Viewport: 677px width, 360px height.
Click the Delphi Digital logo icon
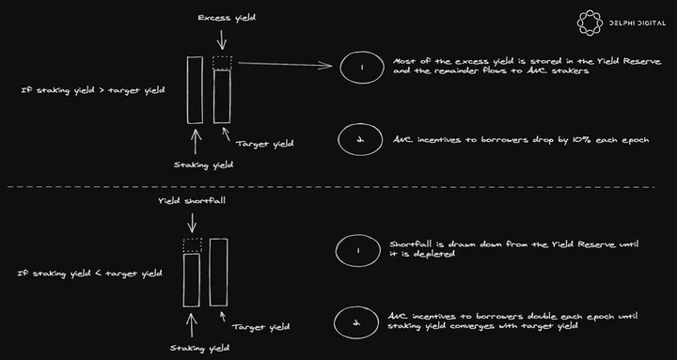point(590,23)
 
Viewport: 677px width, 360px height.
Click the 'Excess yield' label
point(227,18)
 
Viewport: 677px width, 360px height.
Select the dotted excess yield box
point(222,63)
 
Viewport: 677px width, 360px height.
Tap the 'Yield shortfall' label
point(192,201)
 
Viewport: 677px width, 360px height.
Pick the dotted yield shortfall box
point(192,245)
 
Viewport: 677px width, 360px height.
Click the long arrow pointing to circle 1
point(285,65)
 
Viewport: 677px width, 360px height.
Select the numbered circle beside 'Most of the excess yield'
point(362,67)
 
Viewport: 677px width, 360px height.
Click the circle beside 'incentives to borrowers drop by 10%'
point(360,139)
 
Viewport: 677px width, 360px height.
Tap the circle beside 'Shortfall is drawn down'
point(357,250)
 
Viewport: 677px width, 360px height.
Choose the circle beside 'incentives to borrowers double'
point(356,322)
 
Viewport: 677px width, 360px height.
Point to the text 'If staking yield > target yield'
point(93,91)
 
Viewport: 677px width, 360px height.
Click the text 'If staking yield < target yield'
point(90,274)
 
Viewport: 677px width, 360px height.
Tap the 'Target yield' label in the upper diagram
point(264,144)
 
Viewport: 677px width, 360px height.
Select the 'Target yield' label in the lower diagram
point(260,327)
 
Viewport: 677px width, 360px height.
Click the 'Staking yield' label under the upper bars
point(203,164)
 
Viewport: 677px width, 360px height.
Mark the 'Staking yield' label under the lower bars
point(199,348)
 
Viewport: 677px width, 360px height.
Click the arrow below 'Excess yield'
point(222,39)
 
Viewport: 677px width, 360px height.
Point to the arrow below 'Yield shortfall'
point(192,222)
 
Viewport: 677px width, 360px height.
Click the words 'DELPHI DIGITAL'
point(638,23)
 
